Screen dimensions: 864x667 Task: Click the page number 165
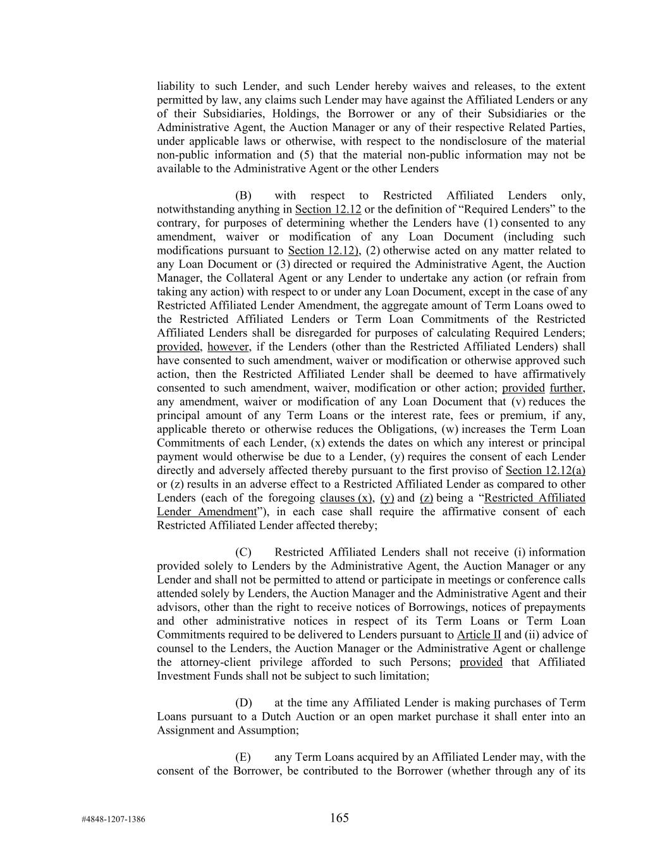pyautogui.click(x=339, y=818)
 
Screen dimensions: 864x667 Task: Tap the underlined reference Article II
pyautogui.click(x=479, y=635)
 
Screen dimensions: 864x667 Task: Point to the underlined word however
pyautogui.click(x=229, y=347)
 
